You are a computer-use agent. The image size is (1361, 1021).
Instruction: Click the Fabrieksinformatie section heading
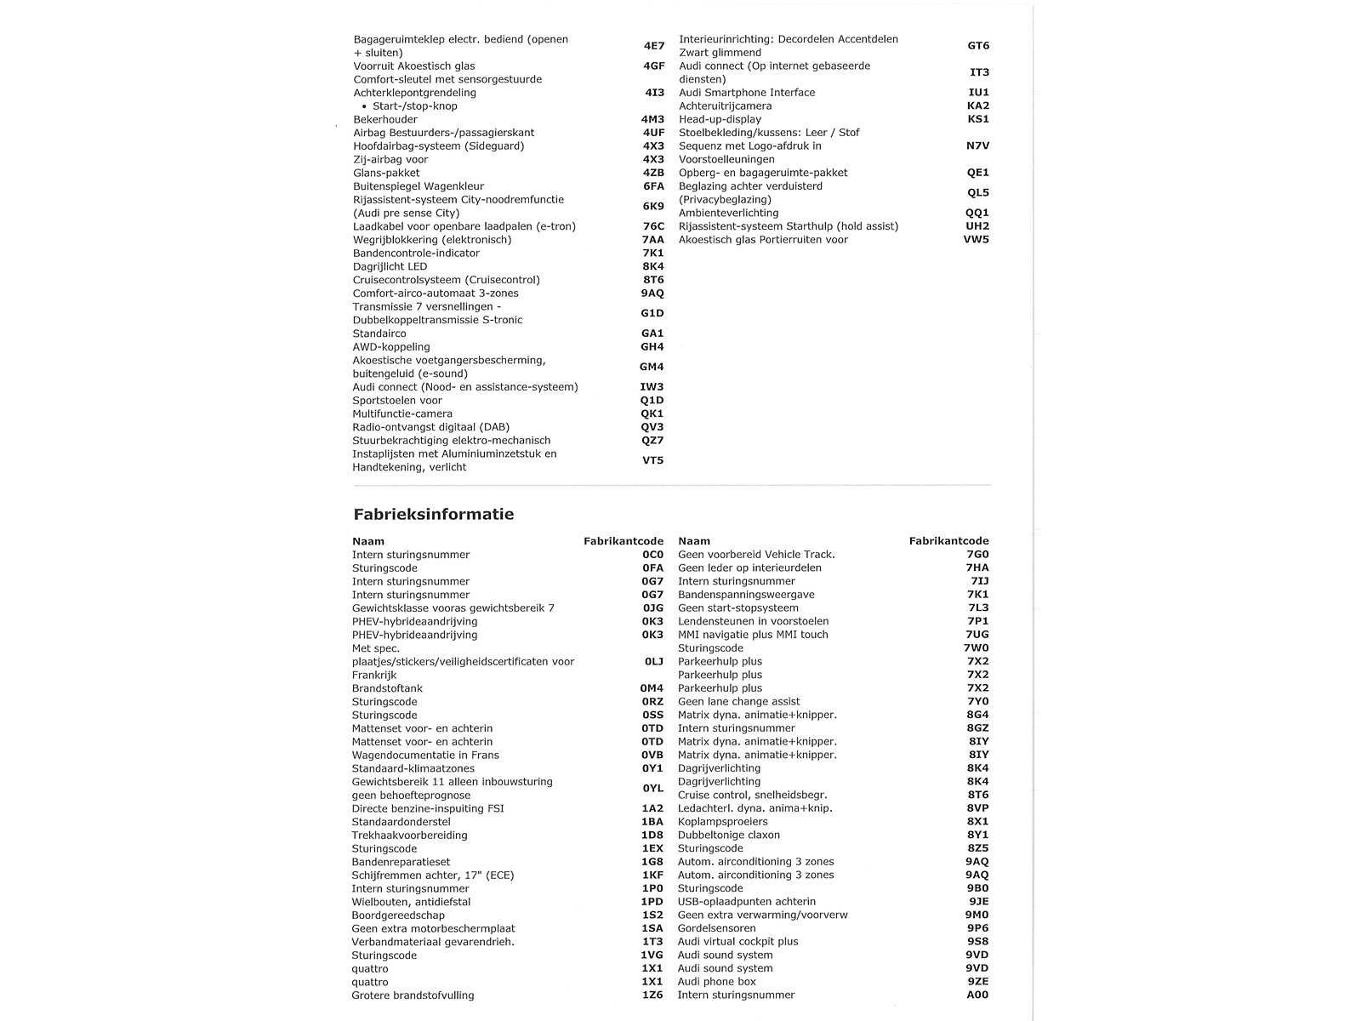pyautogui.click(x=433, y=514)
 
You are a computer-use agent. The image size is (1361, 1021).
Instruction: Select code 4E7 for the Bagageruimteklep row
pyautogui.click(x=653, y=46)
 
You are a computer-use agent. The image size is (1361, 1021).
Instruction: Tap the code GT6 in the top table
pyautogui.click(x=978, y=46)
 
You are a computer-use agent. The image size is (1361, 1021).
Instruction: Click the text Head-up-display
pyautogui.click(x=720, y=119)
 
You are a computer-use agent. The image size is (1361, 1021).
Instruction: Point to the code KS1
pyautogui.click(x=978, y=119)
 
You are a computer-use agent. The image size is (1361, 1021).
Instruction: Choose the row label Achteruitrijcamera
pyautogui.click(x=725, y=106)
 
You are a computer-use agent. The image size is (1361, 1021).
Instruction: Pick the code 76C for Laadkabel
pyautogui.click(x=653, y=226)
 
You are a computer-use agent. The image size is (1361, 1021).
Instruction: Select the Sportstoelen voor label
pyautogui.click(x=397, y=400)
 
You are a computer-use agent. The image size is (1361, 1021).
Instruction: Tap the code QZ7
pyautogui.click(x=652, y=441)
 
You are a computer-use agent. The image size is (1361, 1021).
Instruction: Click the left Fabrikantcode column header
pyautogui.click(x=623, y=541)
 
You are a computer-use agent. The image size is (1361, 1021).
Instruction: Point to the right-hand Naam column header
pyautogui.click(x=693, y=541)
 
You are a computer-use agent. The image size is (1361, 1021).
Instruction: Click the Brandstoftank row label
pyautogui.click(x=387, y=688)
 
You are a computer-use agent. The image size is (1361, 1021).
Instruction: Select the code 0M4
pyautogui.click(x=652, y=688)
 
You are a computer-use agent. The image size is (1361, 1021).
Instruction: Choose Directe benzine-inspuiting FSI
pyautogui.click(x=428, y=808)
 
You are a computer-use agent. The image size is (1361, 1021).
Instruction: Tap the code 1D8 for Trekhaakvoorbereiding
pyautogui.click(x=652, y=836)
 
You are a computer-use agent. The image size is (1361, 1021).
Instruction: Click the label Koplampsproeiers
pyautogui.click(x=722, y=822)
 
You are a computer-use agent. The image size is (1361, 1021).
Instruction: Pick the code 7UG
pyautogui.click(x=977, y=635)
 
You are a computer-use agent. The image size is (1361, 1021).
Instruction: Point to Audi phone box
pyautogui.click(x=716, y=982)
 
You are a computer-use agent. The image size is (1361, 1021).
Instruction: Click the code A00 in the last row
pyautogui.click(x=977, y=995)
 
